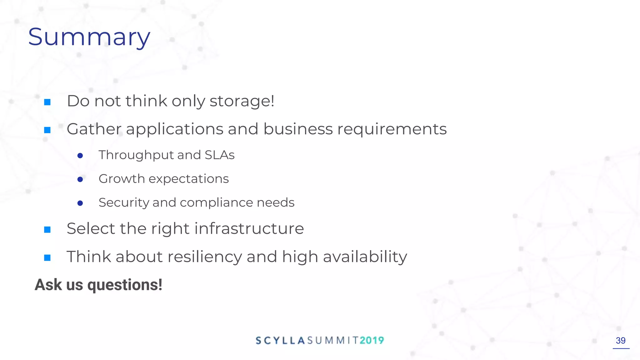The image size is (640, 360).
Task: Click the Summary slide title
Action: point(89,37)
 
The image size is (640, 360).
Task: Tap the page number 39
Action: point(621,340)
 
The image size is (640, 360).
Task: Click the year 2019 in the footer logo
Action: point(372,340)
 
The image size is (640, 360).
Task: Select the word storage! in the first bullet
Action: point(242,101)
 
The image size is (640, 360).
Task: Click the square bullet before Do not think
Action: point(47,102)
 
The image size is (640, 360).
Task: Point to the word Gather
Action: point(94,129)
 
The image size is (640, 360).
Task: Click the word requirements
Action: point(392,129)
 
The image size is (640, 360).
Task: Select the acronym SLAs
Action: point(219,155)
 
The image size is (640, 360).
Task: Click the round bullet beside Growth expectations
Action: point(80,179)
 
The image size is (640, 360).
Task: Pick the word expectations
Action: point(189,179)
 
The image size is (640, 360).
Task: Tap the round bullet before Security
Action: point(80,203)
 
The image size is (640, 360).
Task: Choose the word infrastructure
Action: point(249,228)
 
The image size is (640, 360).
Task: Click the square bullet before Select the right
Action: point(47,230)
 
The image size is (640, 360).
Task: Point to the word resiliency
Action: point(205,257)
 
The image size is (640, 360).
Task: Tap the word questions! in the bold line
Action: point(125,285)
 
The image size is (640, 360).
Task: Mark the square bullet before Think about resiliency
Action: point(47,258)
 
